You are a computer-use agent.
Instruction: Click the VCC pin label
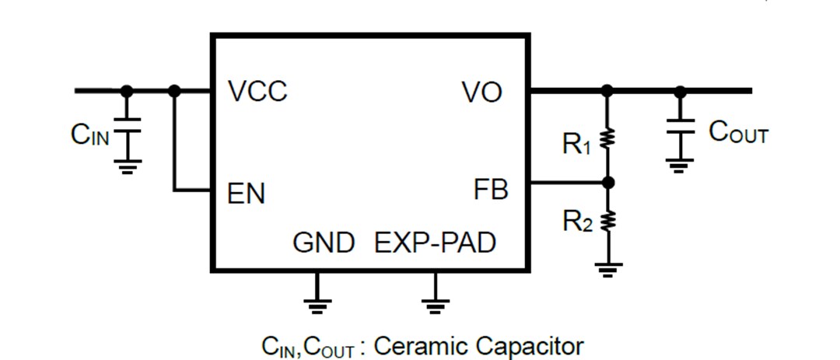coord(257,92)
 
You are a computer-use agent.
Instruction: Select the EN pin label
coord(246,194)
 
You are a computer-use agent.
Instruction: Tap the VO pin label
coord(482,93)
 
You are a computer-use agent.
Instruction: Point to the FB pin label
coord(491,189)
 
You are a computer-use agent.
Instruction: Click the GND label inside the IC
coord(324,243)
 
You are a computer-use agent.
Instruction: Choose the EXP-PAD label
coord(435,243)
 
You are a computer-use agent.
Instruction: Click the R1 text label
coord(577,143)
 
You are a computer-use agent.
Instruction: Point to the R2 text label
coord(577,222)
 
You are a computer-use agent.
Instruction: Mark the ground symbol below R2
coord(608,270)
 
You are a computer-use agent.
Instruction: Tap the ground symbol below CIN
coord(127,166)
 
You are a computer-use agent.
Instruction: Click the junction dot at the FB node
coord(608,183)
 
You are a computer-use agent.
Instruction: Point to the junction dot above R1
coord(608,91)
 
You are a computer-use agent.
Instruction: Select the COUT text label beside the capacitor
coord(738,133)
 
